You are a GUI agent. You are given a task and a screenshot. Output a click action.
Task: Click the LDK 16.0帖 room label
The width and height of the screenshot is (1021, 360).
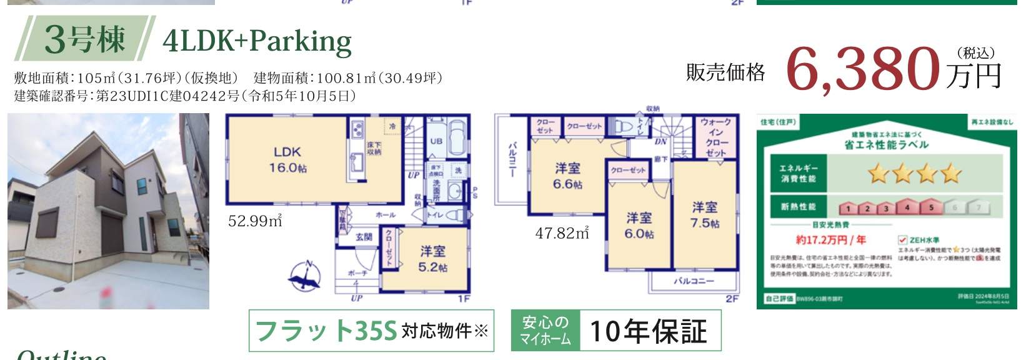[x=287, y=160]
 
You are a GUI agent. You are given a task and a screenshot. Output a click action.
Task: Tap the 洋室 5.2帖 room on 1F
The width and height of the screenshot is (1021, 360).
[x=433, y=259]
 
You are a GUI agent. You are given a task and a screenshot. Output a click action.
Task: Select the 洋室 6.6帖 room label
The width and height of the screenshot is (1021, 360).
[x=567, y=176]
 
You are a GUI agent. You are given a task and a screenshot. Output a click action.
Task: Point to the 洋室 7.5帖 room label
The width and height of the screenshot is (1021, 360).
[x=705, y=214]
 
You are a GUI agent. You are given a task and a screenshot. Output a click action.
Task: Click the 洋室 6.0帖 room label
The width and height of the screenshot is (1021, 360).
[x=639, y=225]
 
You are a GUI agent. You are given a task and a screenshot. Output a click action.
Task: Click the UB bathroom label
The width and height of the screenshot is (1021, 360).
[x=436, y=141]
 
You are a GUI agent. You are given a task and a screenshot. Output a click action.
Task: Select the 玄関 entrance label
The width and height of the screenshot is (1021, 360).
[x=364, y=237]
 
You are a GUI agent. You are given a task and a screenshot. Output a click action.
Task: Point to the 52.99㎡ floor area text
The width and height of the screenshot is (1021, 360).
[x=256, y=221]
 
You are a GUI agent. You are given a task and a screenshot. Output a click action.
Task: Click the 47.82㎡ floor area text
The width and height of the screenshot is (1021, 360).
[x=562, y=233]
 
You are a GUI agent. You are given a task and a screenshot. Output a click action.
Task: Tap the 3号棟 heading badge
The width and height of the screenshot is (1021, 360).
[x=85, y=39]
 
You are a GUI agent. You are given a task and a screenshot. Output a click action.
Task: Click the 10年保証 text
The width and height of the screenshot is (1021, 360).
[x=648, y=331]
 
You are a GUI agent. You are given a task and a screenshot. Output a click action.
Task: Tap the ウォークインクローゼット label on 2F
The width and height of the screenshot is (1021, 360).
[x=716, y=137]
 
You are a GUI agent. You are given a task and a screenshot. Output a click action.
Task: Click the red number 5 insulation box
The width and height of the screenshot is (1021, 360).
[x=931, y=207]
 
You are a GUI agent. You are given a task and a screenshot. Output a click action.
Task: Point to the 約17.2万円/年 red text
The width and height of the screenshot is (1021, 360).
[x=830, y=240]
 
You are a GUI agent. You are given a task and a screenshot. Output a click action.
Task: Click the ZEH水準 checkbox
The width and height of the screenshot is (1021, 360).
[x=902, y=240]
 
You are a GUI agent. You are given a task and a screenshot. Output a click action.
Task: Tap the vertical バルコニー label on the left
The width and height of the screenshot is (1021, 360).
[x=512, y=160]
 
